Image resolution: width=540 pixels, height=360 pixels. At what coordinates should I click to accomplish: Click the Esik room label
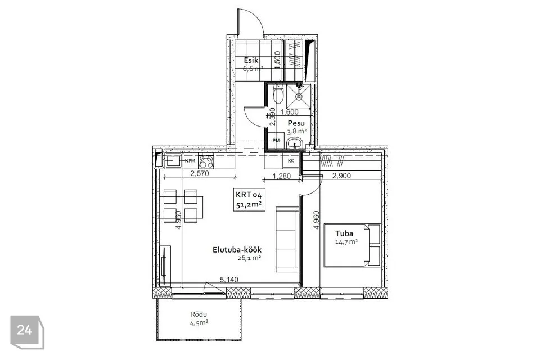tap(251, 60)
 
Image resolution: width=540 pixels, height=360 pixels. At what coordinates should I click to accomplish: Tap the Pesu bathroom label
tap(296, 123)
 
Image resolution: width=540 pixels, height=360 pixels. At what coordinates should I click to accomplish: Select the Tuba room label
tap(344, 233)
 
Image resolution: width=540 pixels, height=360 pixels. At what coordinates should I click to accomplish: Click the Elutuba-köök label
tap(237, 250)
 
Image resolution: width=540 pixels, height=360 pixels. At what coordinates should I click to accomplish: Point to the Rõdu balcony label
tap(199, 314)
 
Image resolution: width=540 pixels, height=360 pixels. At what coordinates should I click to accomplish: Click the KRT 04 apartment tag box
tap(249, 199)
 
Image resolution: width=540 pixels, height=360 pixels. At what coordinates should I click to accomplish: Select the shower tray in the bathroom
tap(298, 94)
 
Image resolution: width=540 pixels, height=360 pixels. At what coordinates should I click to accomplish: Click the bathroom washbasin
tap(295, 143)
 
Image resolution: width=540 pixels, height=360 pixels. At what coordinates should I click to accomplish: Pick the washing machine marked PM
tap(276, 140)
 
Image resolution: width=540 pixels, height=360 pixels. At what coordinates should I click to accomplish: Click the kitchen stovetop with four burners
tap(206, 161)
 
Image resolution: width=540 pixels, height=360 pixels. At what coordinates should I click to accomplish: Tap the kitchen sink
tap(173, 161)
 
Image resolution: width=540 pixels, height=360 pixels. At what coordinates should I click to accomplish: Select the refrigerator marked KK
tap(291, 161)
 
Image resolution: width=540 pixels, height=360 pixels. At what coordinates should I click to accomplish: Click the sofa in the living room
tap(287, 240)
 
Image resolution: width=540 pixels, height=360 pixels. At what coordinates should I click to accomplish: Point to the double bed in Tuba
tap(352, 245)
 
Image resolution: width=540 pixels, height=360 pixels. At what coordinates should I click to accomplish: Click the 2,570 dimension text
tap(200, 174)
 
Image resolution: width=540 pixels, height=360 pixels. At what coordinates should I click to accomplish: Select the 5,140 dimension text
tap(229, 280)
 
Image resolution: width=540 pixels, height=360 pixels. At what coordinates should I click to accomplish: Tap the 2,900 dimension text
tap(341, 175)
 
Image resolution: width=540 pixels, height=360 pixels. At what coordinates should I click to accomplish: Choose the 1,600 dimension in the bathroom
tap(289, 112)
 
